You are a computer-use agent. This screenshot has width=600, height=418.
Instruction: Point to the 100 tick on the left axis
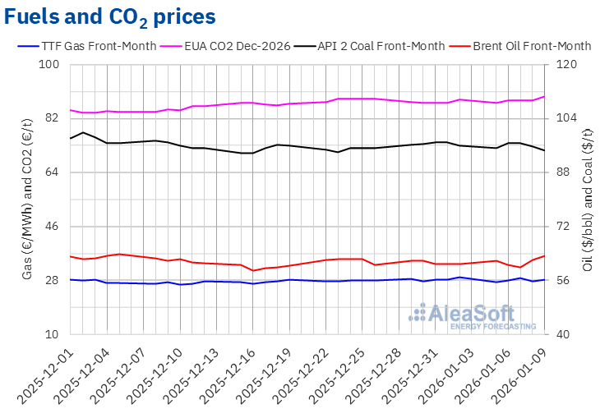[x=52, y=65]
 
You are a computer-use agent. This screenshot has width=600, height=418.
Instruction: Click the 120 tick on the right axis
[x=570, y=65]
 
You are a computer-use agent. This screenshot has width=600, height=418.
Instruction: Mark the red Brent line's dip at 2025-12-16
[x=254, y=270]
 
